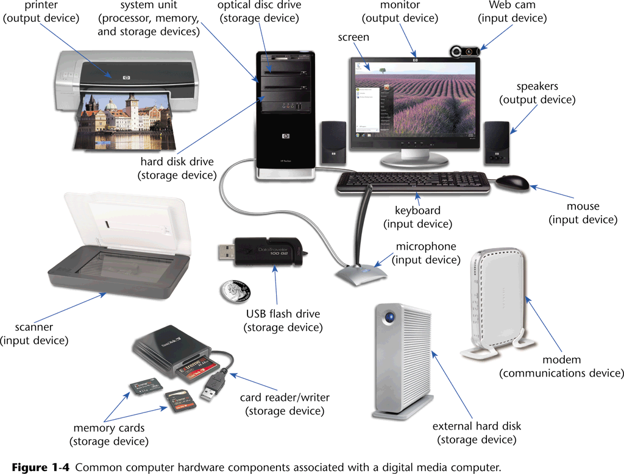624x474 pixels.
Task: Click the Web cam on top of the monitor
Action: click(x=465, y=52)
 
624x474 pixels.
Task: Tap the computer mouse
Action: click(x=512, y=182)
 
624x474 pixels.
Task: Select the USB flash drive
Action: click(x=262, y=252)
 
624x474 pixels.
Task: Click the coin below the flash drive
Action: click(x=235, y=291)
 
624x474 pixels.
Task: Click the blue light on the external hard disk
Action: click(x=389, y=317)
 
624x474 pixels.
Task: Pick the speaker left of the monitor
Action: click(x=333, y=143)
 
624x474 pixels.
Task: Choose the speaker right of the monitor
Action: click(x=497, y=143)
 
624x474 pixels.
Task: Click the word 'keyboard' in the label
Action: click(x=417, y=210)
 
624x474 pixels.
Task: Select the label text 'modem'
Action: click(x=561, y=359)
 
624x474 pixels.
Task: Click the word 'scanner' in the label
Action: click(x=34, y=327)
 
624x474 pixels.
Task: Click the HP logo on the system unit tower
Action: click(x=286, y=136)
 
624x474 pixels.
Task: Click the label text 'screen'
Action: click(x=353, y=37)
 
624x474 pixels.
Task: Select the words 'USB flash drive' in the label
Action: click(x=283, y=314)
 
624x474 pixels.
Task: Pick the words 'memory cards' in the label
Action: click(x=108, y=428)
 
